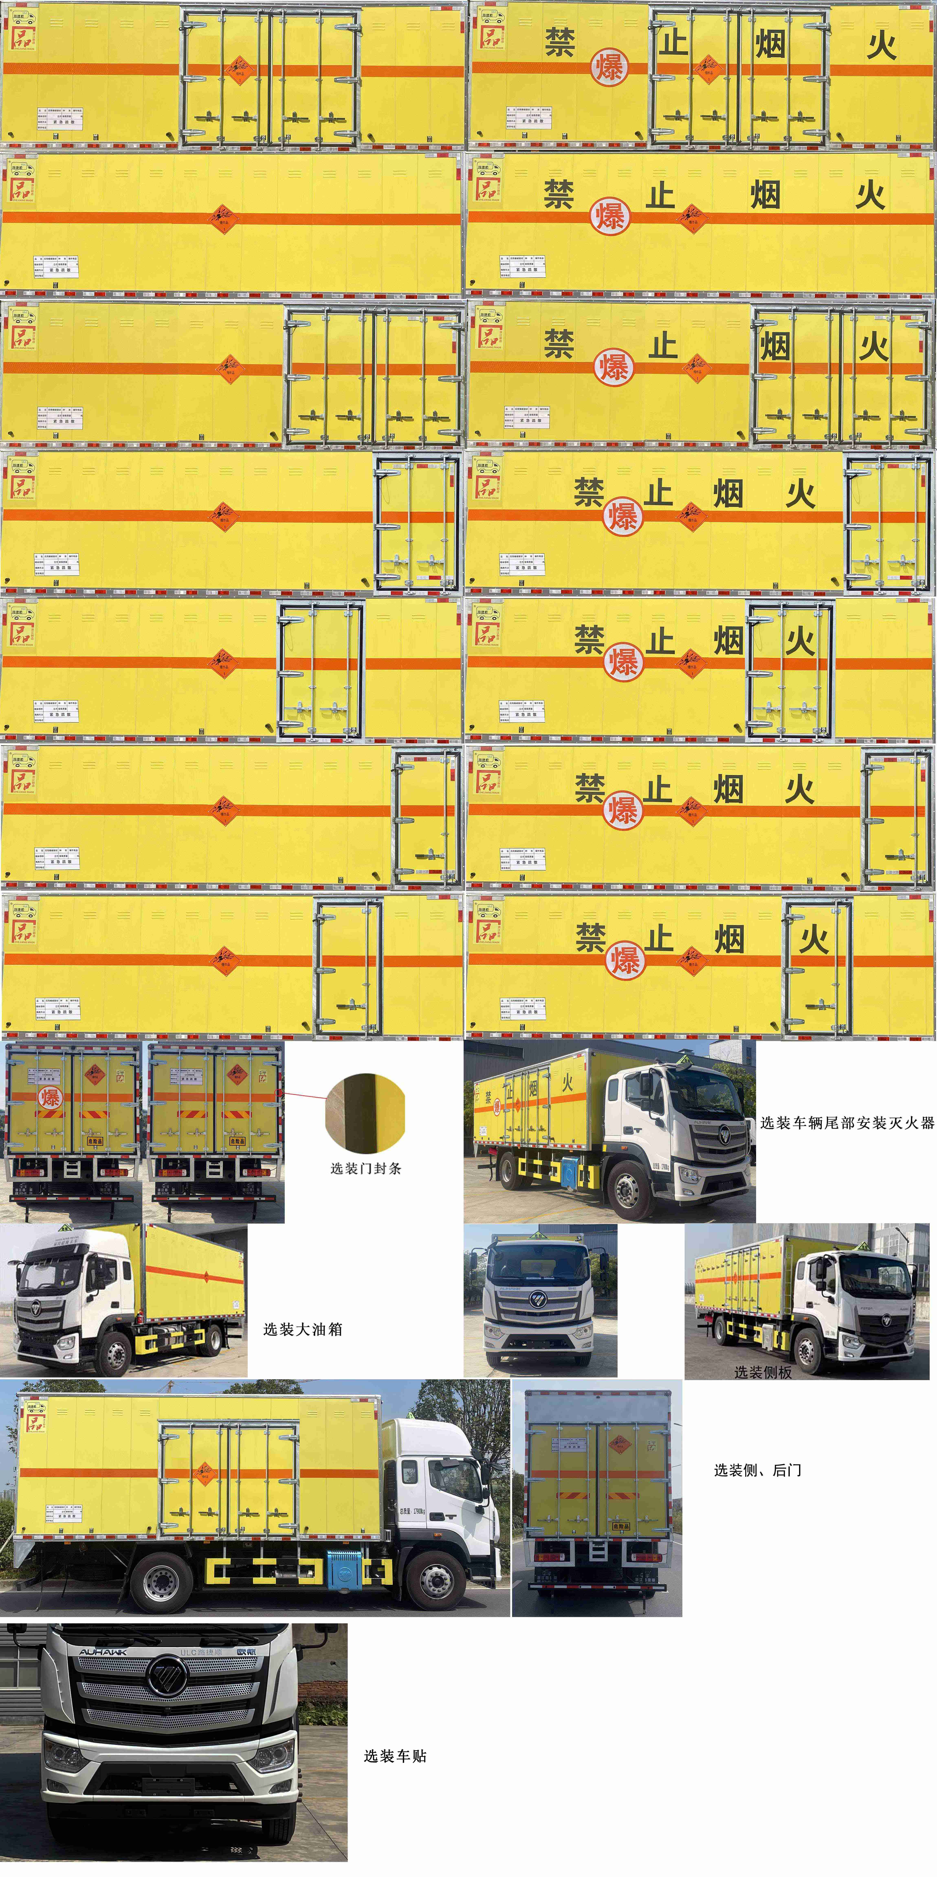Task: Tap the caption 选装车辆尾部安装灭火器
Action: click(x=847, y=1123)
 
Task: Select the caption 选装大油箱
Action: click(x=302, y=1329)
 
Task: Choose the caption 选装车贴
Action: click(x=395, y=1756)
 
